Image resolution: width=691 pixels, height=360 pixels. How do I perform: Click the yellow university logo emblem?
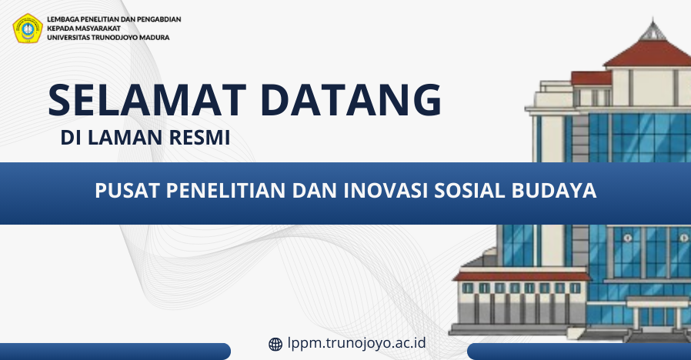[28, 28]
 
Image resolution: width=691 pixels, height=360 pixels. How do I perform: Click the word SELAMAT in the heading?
[147, 100]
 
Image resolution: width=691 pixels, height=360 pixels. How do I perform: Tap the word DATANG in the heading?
[351, 100]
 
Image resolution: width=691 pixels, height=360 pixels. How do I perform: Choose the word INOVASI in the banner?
[386, 190]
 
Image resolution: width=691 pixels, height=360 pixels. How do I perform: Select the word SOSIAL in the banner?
[469, 190]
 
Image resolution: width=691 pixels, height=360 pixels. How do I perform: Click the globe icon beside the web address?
[275, 344]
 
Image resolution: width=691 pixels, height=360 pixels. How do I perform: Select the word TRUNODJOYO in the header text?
[114, 38]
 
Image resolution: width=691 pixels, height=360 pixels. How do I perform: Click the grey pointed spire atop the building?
[653, 30]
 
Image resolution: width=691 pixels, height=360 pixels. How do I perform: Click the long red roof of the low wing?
[522, 276]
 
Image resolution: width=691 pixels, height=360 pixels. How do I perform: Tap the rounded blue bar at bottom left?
[115, 352]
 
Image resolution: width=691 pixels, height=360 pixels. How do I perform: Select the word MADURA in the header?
[154, 38]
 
